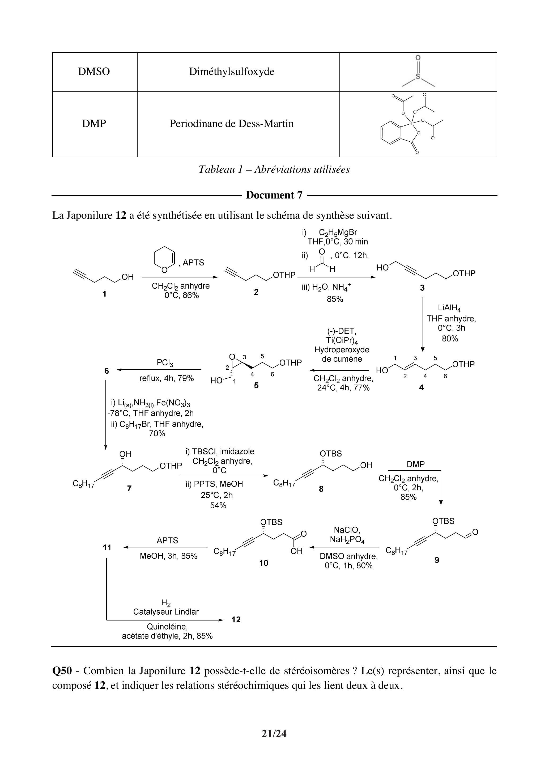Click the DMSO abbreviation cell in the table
coord(94,72)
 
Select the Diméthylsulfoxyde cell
coord(231,72)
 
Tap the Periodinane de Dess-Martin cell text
coord(231,124)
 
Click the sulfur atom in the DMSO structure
coord(418,77)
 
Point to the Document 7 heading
coord(274,195)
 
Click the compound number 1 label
coord(105,294)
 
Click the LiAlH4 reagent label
coord(449,308)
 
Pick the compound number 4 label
coord(421,388)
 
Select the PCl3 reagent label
coord(165,363)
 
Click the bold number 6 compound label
coord(107,371)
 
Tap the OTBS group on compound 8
coord(331,454)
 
